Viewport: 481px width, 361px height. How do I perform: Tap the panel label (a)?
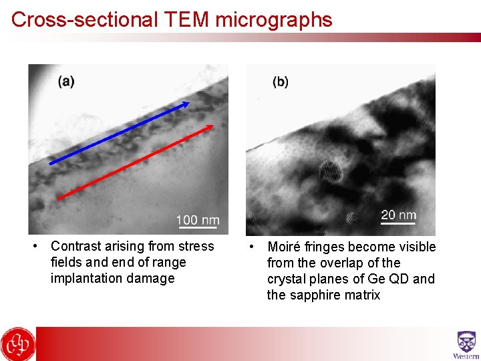pos(66,82)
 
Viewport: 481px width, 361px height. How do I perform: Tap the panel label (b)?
pos(281,82)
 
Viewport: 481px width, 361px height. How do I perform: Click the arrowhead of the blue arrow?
pos(186,104)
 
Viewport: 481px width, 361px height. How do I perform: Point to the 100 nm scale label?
pos(197,220)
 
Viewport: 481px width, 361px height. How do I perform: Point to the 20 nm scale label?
pos(398,215)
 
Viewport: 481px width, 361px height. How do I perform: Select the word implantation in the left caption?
pos(80,278)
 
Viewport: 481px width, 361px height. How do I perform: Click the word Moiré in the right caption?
pos(286,247)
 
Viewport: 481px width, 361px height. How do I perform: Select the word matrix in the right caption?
pos(361,295)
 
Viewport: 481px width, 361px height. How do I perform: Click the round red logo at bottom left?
pos(17,344)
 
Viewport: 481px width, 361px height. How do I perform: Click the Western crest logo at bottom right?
pos(466,344)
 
